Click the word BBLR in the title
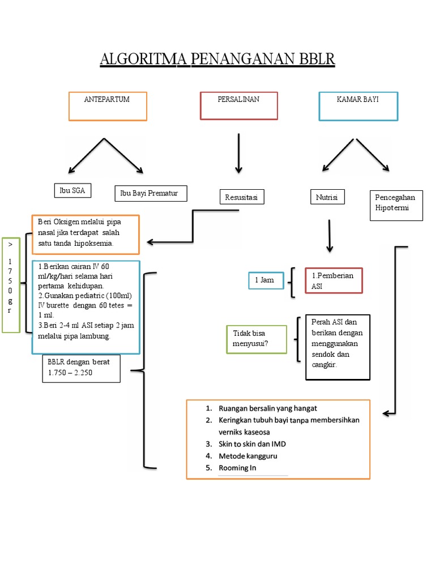pyautogui.click(x=313, y=59)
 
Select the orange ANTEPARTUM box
pyautogui.click(x=108, y=106)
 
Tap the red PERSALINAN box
pyautogui.click(x=238, y=105)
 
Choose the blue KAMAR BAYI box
pyautogui.click(x=357, y=106)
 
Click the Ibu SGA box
pyautogui.click(x=72, y=191)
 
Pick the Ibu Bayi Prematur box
pyautogui.click(x=150, y=194)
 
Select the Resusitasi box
pyautogui.click(x=241, y=197)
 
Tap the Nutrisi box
pyautogui.click(x=327, y=197)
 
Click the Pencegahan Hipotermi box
pyautogui.click(x=395, y=206)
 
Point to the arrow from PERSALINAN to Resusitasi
pyautogui.click(x=238, y=153)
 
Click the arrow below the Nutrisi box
pyautogui.click(x=330, y=236)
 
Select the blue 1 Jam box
pyautogui.click(x=266, y=280)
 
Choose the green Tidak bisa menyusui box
pyautogui.click(x=256, y=339)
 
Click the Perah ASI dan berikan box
pyautogui.click(x=337, y=347)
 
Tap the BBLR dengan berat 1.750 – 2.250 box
pyautogui.click(x=81, y=368)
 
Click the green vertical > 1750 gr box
pyautogui.click(x=11, y=285)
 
